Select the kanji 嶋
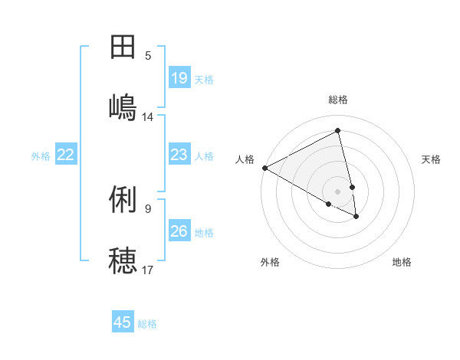click(123, 106)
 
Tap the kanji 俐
click(123, 201)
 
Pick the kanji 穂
click(123, 260)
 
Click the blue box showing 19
click(179, 77)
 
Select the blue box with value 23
click(179, 155)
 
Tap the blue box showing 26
click(179, 231)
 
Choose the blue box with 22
click(66, 155)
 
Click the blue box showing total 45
click(123, 322)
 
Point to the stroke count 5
click(148, 56)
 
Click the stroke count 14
click(148, 116)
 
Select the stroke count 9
click(148, 208)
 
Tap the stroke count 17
click(148, 270)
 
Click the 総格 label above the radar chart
click(338, 100)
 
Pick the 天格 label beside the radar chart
click(431, 159)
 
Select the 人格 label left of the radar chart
click(245, 159)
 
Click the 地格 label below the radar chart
click(402, 262)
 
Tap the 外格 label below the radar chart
click(270, 262)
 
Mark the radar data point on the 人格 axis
click(264, 168)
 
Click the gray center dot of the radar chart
click(338, 191)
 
